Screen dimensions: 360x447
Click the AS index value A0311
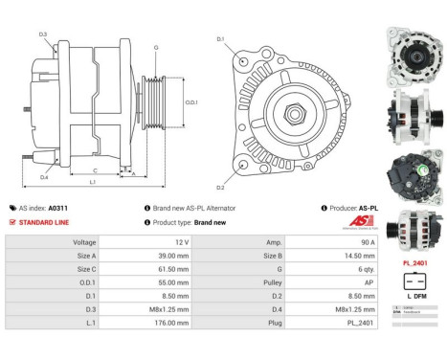(59, 208)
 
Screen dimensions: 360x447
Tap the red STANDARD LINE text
(45, 222)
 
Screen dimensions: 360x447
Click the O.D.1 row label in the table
(85, 284)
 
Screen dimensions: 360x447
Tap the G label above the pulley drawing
(156, 46)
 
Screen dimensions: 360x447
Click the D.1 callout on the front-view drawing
(220, 39)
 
